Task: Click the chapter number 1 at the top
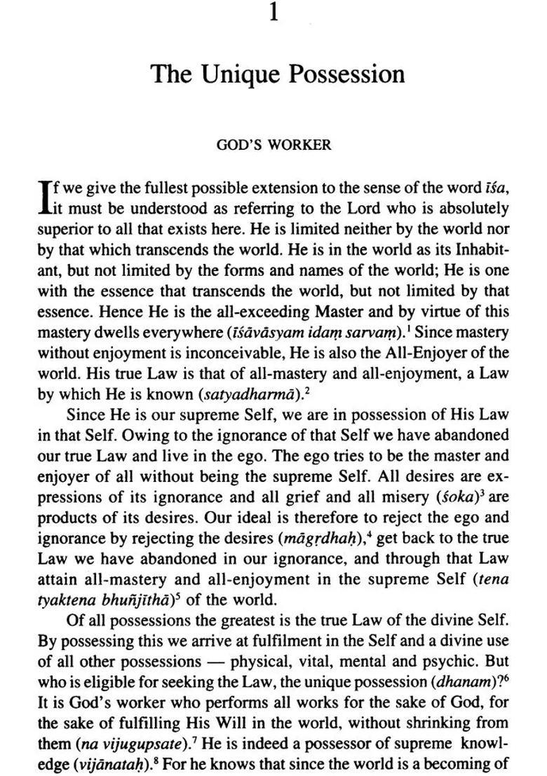click(x=274, y=13)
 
